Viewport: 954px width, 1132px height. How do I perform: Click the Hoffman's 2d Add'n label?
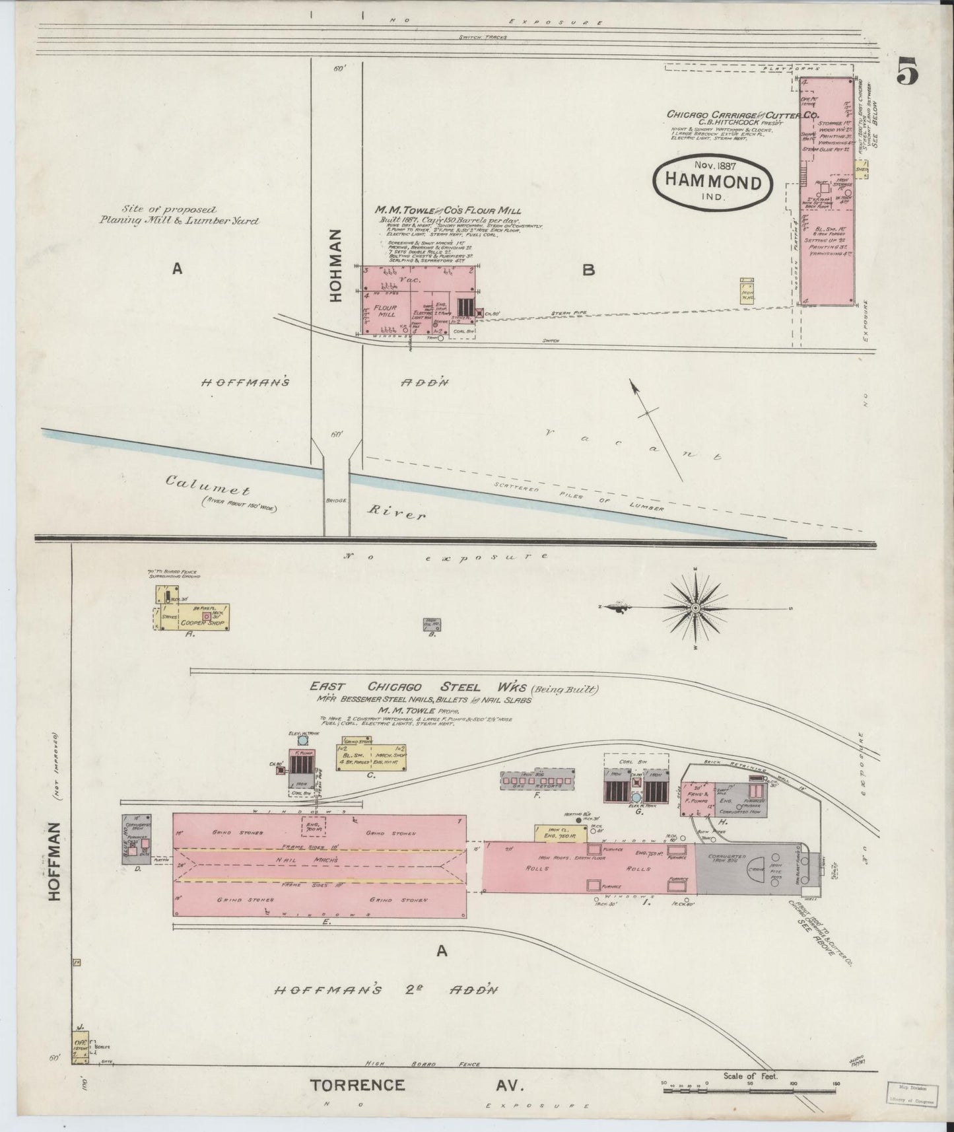point(386,990)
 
